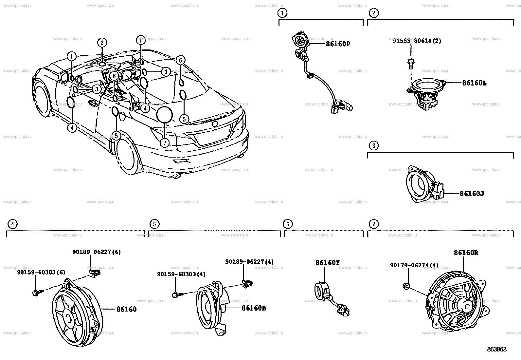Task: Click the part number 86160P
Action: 338,44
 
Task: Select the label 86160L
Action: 474,83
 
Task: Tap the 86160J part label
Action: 472,194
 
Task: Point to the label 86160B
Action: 254,308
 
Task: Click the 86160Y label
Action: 327,263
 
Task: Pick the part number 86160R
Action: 466,253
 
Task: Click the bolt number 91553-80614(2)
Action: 417,41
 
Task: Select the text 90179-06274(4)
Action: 414,265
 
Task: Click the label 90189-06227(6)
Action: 96,252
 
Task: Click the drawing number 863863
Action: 497,350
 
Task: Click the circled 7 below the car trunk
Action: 165,142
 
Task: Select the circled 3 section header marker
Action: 373,145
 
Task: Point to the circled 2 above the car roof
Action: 102,43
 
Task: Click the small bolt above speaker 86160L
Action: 410,63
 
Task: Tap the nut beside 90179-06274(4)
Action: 406,286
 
